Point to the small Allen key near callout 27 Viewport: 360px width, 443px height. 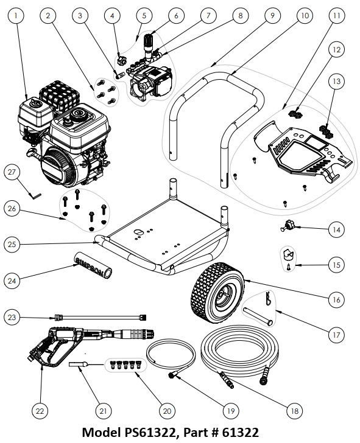35,194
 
